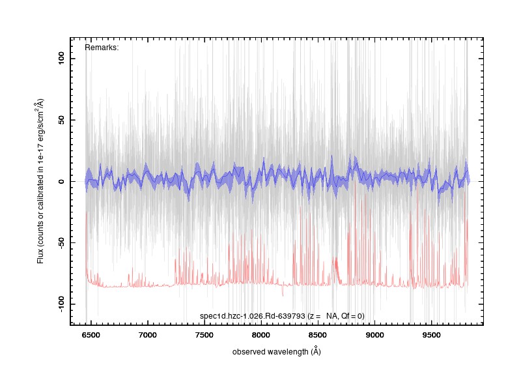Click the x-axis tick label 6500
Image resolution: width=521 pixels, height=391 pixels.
pos(91,335)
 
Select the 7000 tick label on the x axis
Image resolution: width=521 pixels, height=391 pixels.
pos(148,335)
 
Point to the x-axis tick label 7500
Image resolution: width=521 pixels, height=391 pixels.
pos(204,335)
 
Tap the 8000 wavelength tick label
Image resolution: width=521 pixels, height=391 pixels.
pos(261,335)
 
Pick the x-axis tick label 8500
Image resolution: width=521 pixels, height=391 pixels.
pos(318,335)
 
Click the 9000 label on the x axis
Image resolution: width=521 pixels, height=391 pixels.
pos(375,335)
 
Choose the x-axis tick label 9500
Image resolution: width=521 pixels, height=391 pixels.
pos(432,335)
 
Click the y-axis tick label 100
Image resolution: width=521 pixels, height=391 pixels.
pos(61,59)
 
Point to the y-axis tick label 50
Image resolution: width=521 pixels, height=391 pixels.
pos(61,120)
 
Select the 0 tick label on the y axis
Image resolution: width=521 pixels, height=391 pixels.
pos(61,182)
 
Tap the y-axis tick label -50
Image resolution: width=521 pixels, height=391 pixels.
pos(61,242)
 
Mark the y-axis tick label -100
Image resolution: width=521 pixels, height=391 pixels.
pos(61,304)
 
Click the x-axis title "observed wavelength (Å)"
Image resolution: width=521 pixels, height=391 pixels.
pos(276,351)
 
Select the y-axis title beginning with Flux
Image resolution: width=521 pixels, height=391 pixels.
pos(40,181)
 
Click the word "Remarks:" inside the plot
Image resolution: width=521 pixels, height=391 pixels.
pos(102,48)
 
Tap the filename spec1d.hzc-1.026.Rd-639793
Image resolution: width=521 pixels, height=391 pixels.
pos(253,316)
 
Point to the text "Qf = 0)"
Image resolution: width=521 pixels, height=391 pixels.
pos(353,316)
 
